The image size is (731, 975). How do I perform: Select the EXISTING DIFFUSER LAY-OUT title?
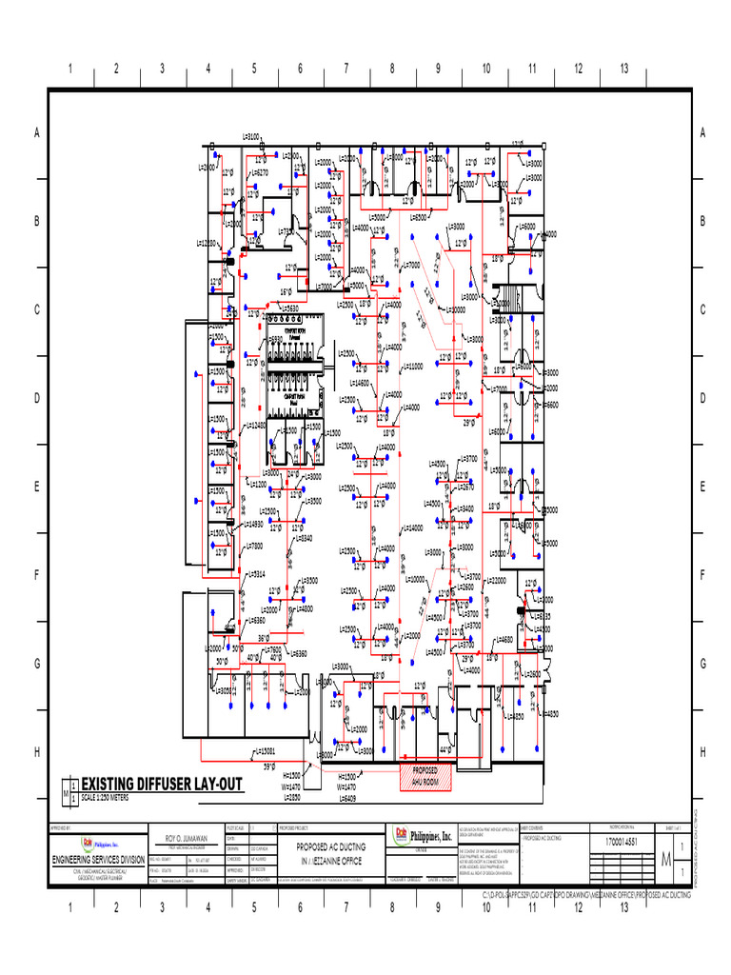tap(162, 784)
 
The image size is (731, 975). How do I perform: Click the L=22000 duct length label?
tap(496, 580)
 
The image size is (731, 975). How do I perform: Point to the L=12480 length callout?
tap(254, 425)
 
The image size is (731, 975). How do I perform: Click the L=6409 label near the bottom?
tap(345, 798)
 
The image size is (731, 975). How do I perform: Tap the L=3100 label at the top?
tap(251, 136)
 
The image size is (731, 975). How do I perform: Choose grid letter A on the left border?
tap(37, 133)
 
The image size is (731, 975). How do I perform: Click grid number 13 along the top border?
tap(624, 69)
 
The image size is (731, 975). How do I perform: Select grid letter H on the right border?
tap(701, 752)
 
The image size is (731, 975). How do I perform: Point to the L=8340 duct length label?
tap(300, 538)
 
